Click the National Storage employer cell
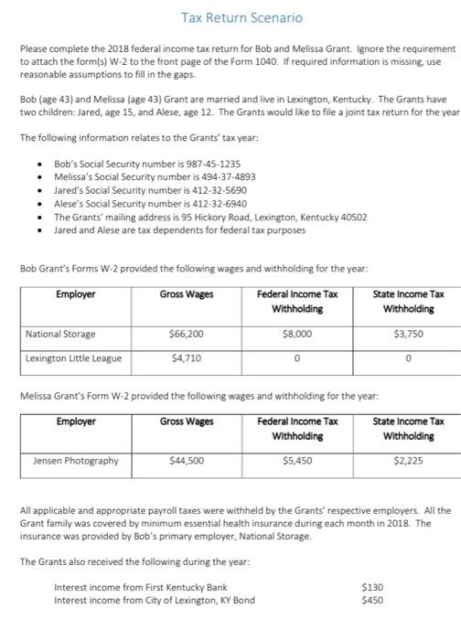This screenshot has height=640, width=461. pos(61,334)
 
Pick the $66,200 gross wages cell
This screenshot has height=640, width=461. pos(186,334)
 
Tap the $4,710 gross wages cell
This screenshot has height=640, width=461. pos(186,358)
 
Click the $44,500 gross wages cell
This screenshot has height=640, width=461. pos(186,460)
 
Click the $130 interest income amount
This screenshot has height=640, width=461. pos(372,586)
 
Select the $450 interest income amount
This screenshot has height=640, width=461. pos(372,600)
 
